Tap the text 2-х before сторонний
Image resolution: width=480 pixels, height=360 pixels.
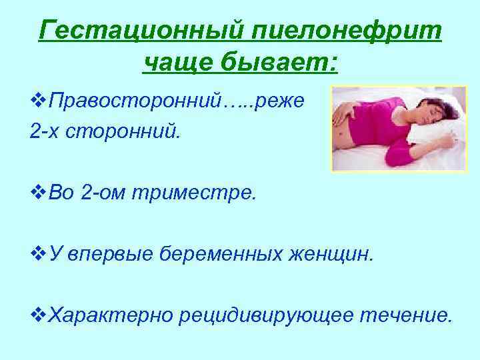pos(44,131)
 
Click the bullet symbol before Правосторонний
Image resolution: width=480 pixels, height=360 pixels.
pos(39,101)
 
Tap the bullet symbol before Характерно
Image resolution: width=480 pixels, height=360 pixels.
pos(39,313)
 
